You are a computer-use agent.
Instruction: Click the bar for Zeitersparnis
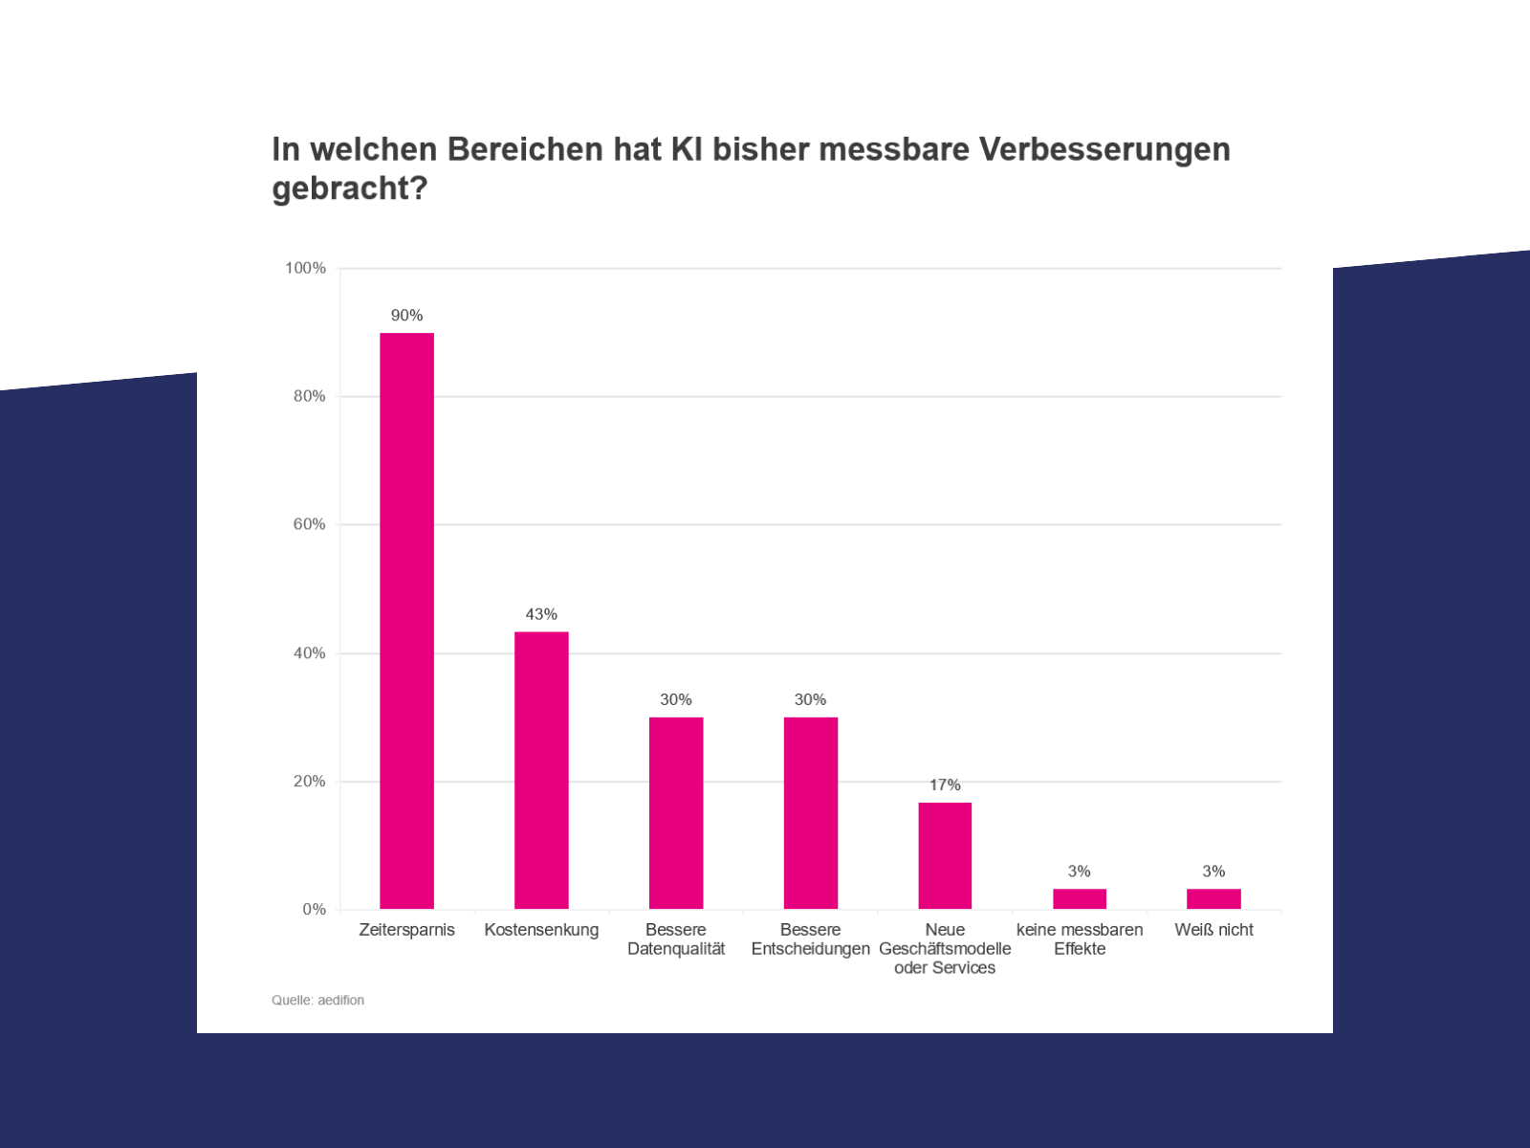406,621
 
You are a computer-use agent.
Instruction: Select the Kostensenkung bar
541,770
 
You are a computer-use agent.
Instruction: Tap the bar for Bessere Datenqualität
676,813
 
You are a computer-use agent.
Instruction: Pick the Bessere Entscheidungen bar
811,813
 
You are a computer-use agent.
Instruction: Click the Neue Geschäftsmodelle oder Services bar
945,856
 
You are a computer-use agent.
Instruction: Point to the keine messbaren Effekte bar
1080,899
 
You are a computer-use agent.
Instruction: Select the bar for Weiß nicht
1213,899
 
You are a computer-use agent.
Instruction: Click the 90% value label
406,316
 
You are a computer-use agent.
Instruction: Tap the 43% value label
541,615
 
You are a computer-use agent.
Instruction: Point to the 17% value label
945,785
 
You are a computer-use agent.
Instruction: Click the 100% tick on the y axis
305,269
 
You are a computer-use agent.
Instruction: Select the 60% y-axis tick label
310,524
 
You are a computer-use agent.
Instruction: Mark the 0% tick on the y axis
315,910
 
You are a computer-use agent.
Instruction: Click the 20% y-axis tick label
310,782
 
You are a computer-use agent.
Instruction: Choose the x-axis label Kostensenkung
541,931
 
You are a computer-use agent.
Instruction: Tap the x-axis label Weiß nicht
1213,930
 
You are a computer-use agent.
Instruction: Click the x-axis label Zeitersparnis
406,931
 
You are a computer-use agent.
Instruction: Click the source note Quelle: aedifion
317,1001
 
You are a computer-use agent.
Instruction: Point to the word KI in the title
687,149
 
